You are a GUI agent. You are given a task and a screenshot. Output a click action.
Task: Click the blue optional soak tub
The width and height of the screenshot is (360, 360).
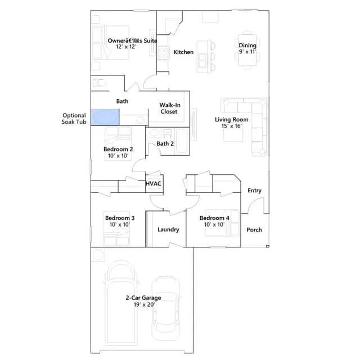point(105,118)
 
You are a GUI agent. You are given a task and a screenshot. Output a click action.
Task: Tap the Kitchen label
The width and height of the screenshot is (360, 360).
point(183,52)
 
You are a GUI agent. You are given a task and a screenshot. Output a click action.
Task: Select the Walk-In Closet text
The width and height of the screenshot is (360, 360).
point(170,109)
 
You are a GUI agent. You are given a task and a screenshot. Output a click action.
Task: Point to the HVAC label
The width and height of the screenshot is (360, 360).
point(154,184)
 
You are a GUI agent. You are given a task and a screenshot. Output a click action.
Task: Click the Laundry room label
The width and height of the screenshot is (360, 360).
point(168,229)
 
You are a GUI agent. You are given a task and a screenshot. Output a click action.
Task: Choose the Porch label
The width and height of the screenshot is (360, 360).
point(254,230)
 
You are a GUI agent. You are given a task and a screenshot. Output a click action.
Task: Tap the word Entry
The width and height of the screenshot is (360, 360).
point(255,191)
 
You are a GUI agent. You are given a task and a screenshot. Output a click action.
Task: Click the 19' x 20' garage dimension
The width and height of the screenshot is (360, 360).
point(144,305)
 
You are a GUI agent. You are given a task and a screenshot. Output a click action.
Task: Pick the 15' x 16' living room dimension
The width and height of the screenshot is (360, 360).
point(231,126)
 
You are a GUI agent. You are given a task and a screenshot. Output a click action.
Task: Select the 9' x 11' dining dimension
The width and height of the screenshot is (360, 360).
point(247,52)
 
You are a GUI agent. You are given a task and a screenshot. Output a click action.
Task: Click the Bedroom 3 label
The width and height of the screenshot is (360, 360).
point(120,218)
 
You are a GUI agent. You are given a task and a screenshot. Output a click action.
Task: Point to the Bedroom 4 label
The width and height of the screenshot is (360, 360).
point(214,218)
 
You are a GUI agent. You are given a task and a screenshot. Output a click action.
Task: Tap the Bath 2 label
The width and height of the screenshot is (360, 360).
point(165,144)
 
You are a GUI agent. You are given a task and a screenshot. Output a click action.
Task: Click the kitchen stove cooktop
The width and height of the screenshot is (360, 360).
point(163,53)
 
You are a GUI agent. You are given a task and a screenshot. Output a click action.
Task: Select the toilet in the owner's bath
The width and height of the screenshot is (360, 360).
point(99,83)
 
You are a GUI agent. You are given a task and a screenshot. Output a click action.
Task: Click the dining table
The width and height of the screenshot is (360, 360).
point(247,50)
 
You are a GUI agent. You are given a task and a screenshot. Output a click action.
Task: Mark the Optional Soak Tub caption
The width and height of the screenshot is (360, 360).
point(74,119)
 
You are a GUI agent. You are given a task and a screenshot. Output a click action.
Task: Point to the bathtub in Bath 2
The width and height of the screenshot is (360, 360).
point(182,141)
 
